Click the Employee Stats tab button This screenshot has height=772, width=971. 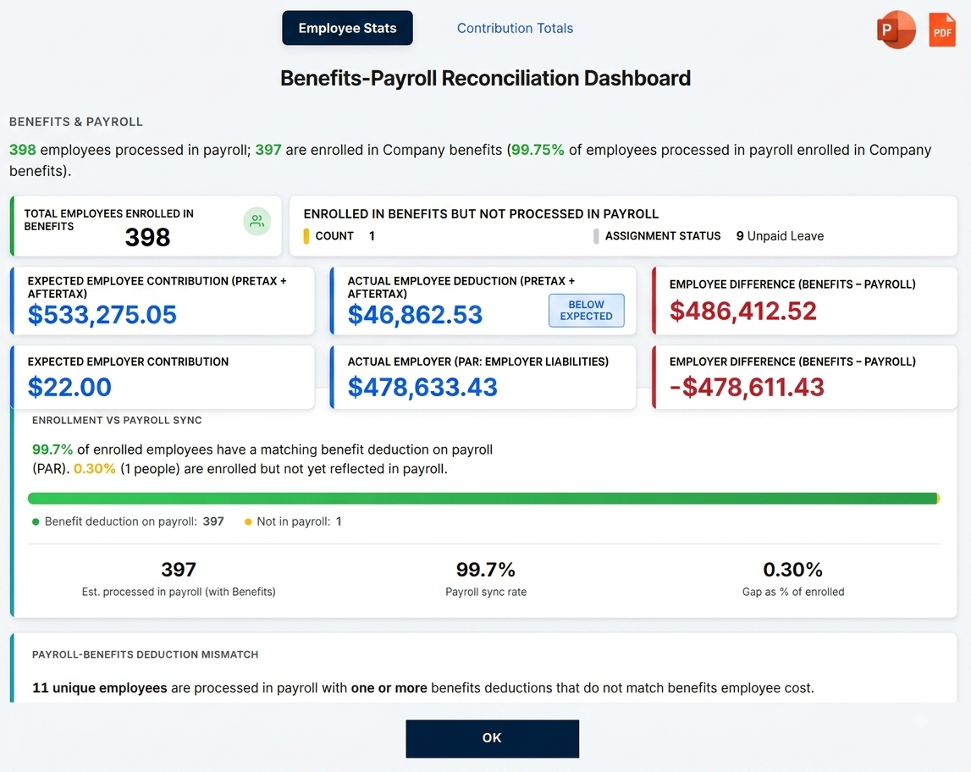click(347, 28)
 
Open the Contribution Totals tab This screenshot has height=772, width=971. click(515, 28)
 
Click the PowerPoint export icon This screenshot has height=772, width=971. click(896, 29)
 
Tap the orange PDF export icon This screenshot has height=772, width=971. click(942, 29)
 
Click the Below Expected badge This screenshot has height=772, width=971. click(586, 310)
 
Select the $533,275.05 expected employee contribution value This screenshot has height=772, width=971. click(102, 315)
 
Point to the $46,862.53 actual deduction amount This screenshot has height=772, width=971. click(415, 315)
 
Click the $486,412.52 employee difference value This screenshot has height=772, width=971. click(743, 311)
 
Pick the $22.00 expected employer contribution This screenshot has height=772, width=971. click(69, 387)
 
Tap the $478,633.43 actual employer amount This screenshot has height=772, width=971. click(422, 387)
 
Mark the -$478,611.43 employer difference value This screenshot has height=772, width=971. click(747, 387)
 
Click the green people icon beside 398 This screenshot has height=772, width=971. click(257, 221)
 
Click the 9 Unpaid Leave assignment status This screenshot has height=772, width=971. click(780, 236)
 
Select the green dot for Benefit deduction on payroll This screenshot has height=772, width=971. click(36, 522)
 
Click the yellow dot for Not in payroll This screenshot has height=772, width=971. click(248, 522)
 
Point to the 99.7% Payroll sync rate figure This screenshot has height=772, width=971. click(486, 569)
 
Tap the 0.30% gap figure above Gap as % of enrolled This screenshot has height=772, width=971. click(792, 569)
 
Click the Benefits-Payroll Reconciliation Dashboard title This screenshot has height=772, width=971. click(486, 78)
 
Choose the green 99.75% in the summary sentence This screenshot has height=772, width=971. click(538, 150)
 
